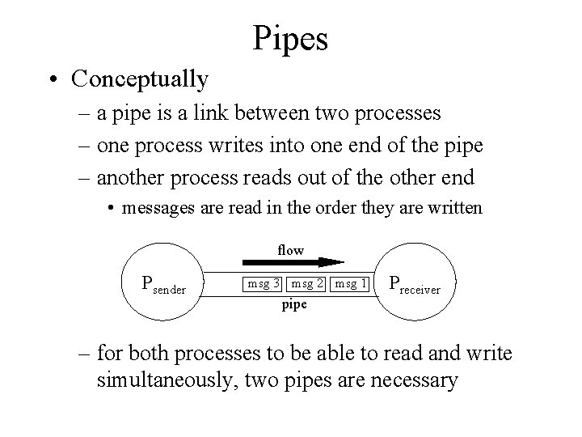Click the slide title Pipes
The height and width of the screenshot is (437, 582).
(290, 38)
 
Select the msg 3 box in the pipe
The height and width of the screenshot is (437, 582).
(264, 284)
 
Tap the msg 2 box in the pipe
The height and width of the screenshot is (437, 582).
(308, 284)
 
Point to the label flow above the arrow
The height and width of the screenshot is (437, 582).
(290, 250)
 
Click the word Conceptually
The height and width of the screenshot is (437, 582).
(140, 79)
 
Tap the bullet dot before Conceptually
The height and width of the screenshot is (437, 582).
(53, 80)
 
